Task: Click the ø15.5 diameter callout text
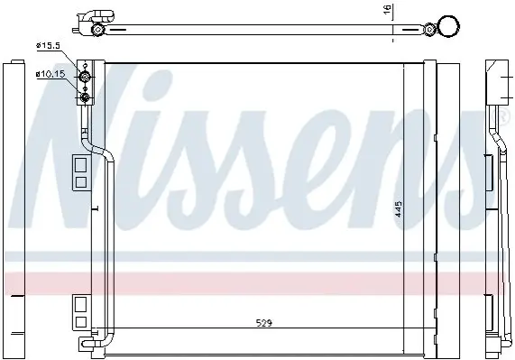48,46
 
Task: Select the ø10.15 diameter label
51,75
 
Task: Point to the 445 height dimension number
399,209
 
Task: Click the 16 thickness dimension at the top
388,9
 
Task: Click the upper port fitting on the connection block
85,78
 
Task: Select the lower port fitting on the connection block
85,97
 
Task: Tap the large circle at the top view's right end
448,26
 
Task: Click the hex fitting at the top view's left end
97,30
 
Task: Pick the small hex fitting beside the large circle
429,29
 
